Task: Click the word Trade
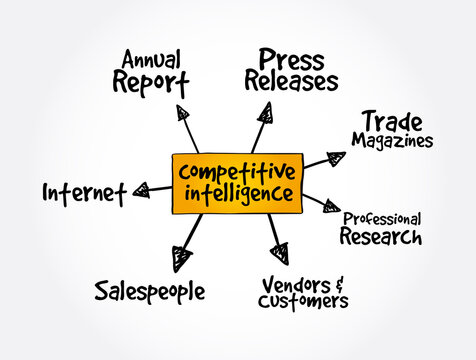pyautogui.click(x=389, y=121)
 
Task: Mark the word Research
pyautogui.click(x=380, y=237)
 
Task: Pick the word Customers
pyautogui.click(x=303, y=301)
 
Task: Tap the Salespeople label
pyautogui.click(x=150, y=291)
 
